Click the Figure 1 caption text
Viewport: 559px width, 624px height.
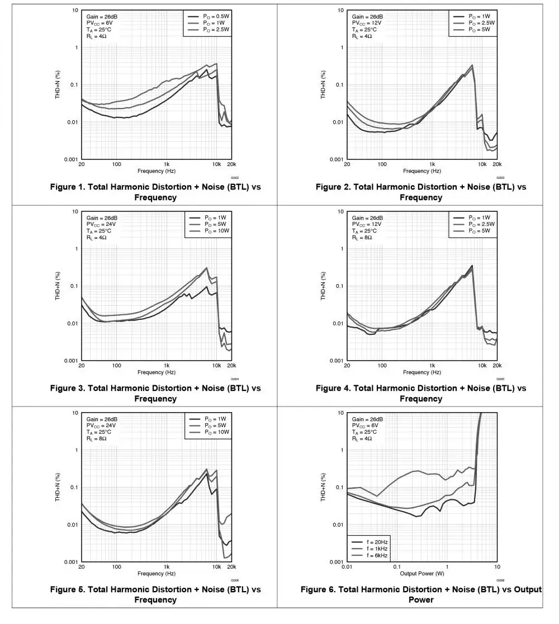155,192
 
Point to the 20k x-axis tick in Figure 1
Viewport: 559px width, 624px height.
231,164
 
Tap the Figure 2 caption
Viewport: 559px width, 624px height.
421,192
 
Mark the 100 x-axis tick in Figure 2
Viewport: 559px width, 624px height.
382,164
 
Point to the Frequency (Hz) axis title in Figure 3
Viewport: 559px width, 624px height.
156,372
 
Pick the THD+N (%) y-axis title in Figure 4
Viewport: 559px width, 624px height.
323,286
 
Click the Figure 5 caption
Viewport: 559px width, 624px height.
155,594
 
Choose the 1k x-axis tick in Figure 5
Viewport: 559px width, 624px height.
167,567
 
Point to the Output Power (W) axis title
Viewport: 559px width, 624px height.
421,574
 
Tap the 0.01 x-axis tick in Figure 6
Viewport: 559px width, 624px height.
347,567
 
